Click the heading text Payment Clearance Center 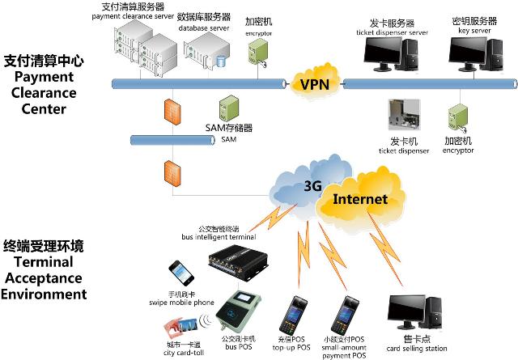tap(44, 84)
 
